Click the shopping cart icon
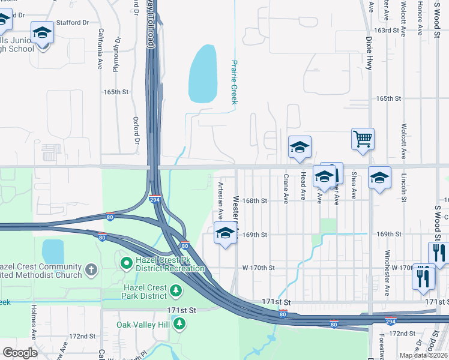pyautogui.click(x=363, y=139)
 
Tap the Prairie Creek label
pyautogui.click(x=235, y=82)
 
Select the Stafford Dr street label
pyautogui.click(x=73, y=23)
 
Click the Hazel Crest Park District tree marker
pyautogui.click(x=176, y=291)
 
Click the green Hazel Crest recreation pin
pyautogui.click(x=127, y=262)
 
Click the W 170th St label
pyautogui.click(x=258, y=268)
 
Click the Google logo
pyautogui.click(x=20, y=353)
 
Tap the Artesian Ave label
pyautogui.click(x=220, y=200)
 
